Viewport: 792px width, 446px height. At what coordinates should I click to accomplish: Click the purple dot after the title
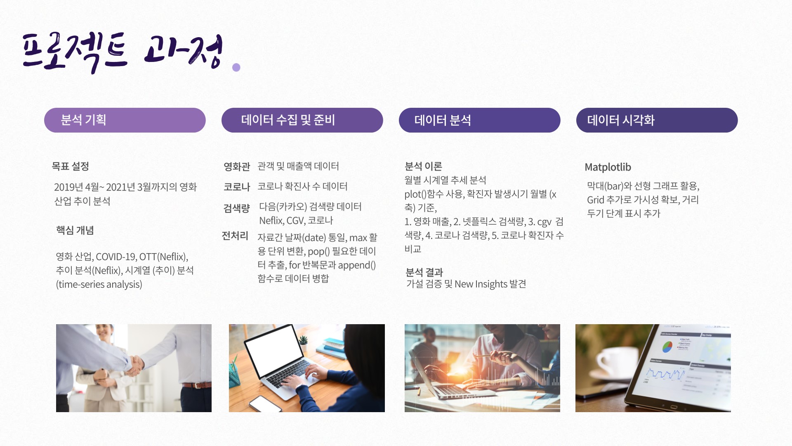click(x=236, y=67)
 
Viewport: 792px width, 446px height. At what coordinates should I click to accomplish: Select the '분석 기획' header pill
click(x=125, y=120)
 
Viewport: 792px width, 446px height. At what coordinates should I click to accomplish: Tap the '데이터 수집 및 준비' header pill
click(x=302, y=120)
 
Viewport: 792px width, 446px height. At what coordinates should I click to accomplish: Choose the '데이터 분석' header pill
click(x=480, y=120)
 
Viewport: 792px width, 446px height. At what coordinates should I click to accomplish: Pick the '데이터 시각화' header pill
click(x=657, y=120)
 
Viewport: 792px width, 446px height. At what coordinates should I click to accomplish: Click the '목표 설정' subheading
click(x=70, y=166)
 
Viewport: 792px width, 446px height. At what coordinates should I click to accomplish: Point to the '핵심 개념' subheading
click(x=75, y=230)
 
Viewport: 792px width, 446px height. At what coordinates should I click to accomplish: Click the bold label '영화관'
click(x=237, y=166)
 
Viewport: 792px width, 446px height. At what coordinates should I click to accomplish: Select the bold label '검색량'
click(x=236, y=208)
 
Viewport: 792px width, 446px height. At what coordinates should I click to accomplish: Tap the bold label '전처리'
click(x=235, y=236)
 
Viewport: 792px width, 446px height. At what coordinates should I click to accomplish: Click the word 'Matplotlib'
click(x=608, y=167)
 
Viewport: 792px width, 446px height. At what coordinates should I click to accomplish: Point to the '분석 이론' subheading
click(x=423, y=166)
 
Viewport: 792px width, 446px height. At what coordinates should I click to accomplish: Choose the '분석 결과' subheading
click(x=424, y=273)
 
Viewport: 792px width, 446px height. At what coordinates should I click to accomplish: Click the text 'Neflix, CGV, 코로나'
click(x=296, y=221)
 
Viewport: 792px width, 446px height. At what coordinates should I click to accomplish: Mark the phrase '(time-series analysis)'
click(x=99, y=285)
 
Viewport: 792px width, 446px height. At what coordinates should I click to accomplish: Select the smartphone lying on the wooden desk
click(x=266, y=404)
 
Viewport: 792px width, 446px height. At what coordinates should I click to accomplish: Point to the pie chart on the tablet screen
click(x=667, y=346)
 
